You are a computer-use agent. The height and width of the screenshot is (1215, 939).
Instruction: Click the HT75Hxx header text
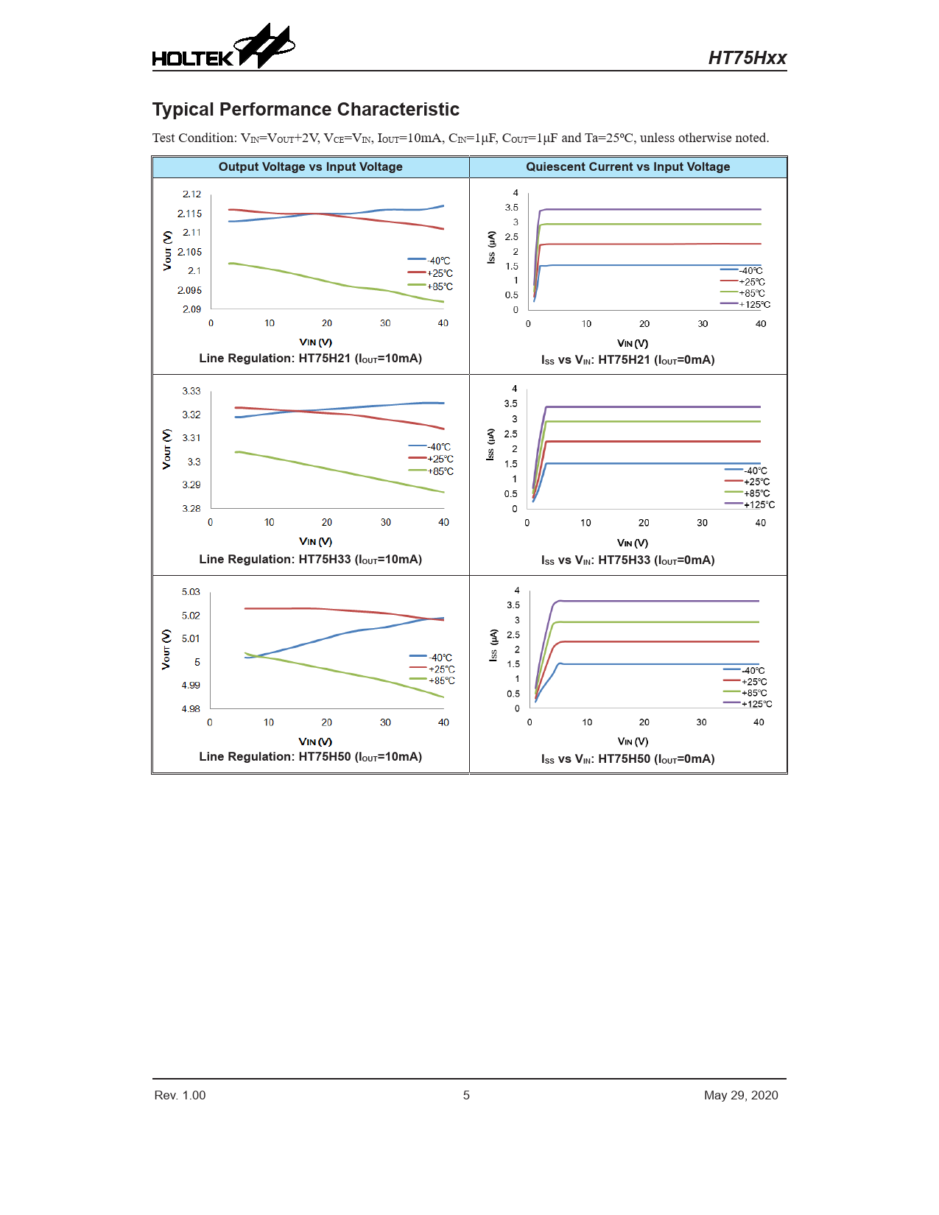[x=747, y=58]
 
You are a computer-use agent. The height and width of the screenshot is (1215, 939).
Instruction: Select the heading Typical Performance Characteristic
[x=306, y=110]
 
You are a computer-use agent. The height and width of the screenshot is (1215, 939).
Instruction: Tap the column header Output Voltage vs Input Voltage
[x=310, y=167]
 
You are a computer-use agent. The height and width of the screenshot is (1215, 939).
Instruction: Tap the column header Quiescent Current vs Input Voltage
[x=627, y=167]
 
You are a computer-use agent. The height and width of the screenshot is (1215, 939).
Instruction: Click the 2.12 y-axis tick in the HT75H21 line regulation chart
[x=191, y=194]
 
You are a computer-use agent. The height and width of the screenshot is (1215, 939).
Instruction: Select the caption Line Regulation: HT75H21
[x=310, y=359]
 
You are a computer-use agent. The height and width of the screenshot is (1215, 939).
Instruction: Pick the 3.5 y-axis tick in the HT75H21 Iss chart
[x=511, y=208]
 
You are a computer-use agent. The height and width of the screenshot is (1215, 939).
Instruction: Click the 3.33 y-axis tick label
[x=191, y=391]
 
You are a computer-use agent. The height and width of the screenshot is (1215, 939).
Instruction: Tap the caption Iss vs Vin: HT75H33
[x=627, y=560]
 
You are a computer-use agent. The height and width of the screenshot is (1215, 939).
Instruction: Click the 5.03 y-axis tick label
[x=191, y=592]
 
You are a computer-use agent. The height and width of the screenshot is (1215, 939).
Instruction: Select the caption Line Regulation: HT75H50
[x=310, y=757]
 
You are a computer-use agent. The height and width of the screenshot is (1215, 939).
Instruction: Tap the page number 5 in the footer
[x=466, y=1095]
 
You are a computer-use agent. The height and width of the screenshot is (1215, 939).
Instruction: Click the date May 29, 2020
[x=740, y=1095]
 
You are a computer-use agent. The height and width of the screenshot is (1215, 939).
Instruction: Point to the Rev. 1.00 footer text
[x=180, y=1095]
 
